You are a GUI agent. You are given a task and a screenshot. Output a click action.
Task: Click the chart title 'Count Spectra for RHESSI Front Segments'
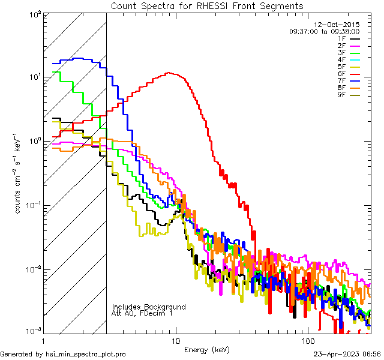[207, 6]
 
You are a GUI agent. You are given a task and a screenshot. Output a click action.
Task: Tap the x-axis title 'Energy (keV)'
[206, 349]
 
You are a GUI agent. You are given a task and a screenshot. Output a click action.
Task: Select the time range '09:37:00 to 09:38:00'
[324, 31]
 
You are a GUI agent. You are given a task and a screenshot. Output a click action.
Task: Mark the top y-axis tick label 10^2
[34, 14]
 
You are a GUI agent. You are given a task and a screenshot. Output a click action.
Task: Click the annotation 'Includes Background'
[149, 307]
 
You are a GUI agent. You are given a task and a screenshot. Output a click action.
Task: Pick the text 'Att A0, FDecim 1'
[142, 313]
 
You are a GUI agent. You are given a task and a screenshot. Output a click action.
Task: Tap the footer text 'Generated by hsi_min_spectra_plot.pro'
[63, 354]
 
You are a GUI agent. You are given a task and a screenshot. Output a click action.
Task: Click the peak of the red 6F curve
[170, 73]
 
